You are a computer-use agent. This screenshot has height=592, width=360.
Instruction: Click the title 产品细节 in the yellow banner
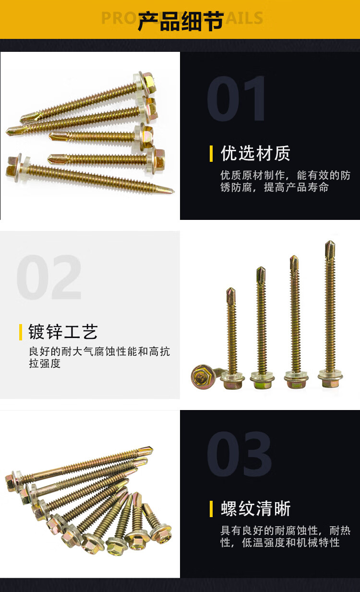180,21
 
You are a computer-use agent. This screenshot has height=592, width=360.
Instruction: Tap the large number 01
236,98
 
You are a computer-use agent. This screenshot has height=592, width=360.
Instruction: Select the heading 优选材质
255,153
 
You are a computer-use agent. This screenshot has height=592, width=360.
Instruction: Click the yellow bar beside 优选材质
211,154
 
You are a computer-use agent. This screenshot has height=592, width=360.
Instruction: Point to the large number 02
49,277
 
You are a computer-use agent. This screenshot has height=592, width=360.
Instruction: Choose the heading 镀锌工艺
63,332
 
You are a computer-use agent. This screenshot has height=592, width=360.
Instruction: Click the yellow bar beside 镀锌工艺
21,332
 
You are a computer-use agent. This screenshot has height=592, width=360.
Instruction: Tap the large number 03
240,454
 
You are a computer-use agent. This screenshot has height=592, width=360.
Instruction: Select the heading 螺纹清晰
255,508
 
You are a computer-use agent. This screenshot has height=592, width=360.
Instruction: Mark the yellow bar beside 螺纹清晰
211,509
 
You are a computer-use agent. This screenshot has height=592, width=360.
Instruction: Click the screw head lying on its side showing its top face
202,376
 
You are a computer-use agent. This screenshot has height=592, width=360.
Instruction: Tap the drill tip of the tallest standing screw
330,249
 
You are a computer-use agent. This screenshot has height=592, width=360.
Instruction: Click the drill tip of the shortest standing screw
231,296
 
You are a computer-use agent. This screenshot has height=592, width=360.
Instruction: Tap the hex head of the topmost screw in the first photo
148,83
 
